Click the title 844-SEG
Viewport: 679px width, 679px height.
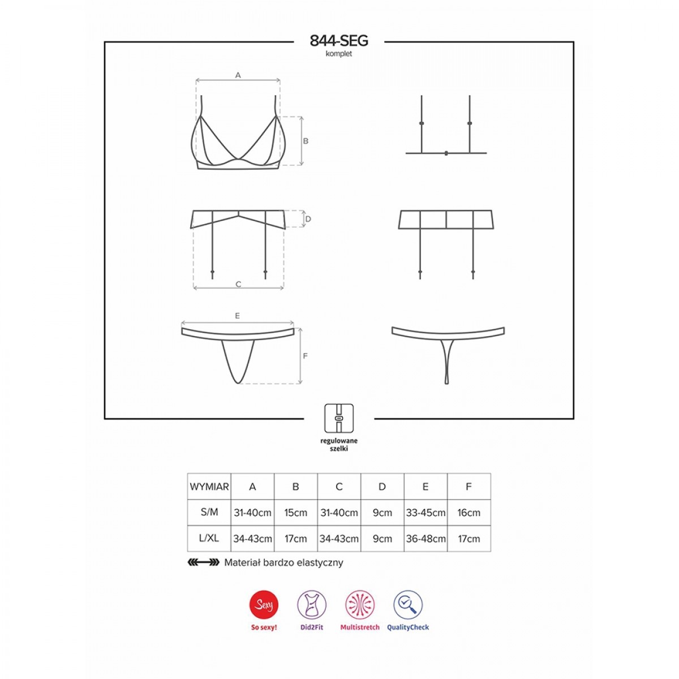(339, 41)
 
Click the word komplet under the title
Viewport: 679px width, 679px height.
(338, 54)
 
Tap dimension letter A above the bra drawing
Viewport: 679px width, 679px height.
(238, 75)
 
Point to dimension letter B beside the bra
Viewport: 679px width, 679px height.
(306, 141)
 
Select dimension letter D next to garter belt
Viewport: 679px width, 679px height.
(308, 219)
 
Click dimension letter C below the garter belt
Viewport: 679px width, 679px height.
(238, 284)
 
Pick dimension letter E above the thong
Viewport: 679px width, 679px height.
(237, 316)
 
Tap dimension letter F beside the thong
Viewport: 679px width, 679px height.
(305, 356)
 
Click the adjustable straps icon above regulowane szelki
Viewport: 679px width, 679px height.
(338, 418)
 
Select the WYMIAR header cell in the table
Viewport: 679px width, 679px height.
(209, 487)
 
